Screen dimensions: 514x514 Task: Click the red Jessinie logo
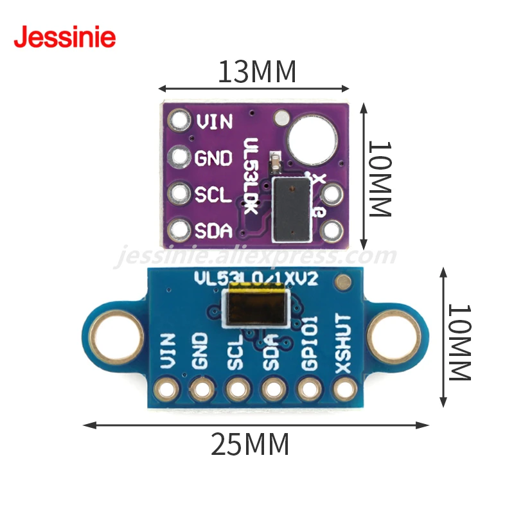pyautogui.click(x=64, y=37)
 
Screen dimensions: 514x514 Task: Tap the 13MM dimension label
pyautogui.click(x=257, y=72)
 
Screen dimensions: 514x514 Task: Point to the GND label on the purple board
pyautogui.click(x=213, y=157)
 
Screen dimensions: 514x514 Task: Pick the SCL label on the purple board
pyautogui.click(x=213, y=194)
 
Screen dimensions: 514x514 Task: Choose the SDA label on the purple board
pyautogui.click(x=213, y=230)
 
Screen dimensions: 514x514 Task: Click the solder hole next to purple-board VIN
pyautogui.click(x=179, y=120)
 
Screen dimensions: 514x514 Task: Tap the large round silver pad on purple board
pyautogui.click(x=311, y=139)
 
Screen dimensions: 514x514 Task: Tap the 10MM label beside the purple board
pyautogui.click(x=379, y=179)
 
